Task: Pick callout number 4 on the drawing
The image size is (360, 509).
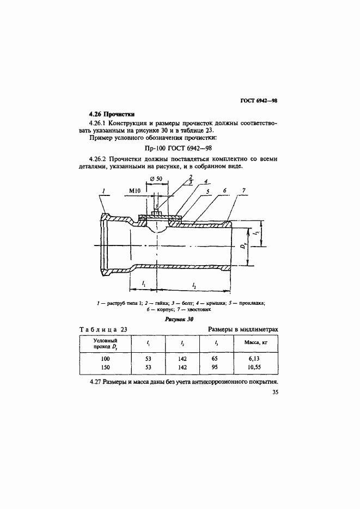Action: [x=206, y=181]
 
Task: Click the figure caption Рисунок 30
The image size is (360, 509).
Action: [x=179, y=320]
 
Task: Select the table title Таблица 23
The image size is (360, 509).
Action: [x=103, y=330]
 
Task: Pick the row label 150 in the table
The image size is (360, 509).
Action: [x=105, y=369]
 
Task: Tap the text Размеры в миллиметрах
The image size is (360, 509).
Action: [x=242, y=330]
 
